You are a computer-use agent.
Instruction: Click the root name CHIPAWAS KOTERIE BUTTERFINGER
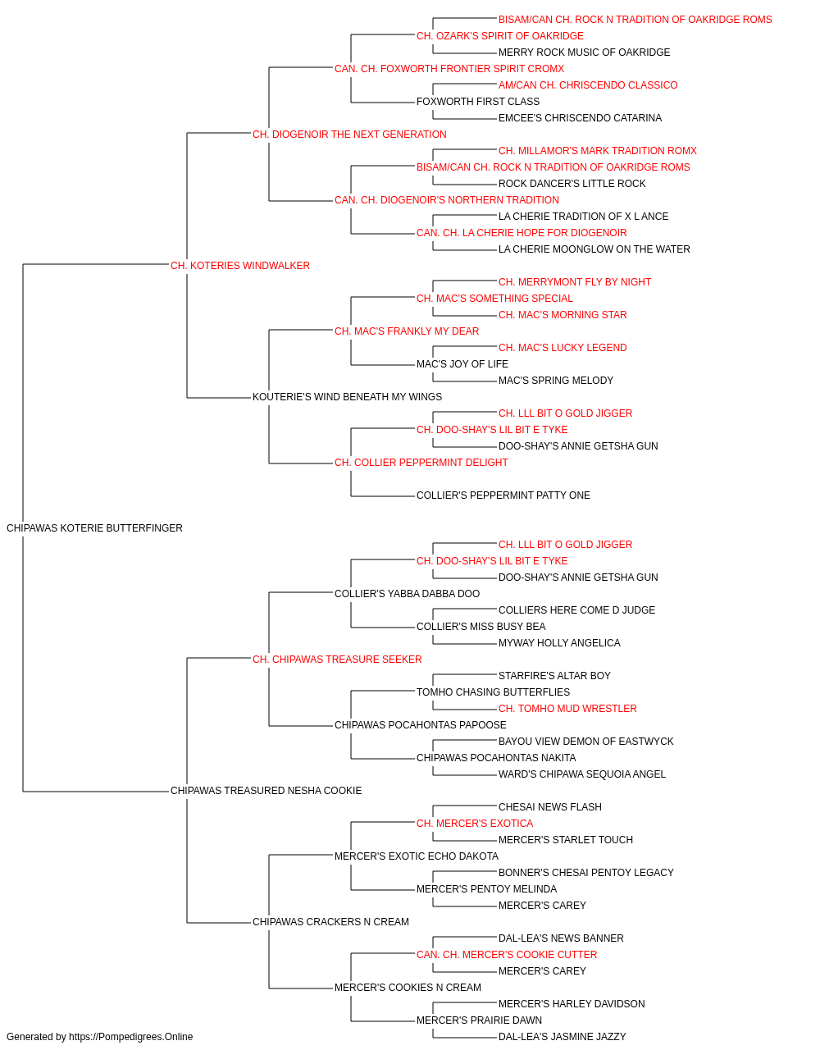(94, 528)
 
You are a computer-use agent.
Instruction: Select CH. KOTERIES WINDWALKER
(240, 266)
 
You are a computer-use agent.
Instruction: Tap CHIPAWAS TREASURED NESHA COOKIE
(266, 791)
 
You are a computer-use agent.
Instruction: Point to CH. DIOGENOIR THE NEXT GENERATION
(349, 135)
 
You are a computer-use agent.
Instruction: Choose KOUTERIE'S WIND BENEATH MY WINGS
(347, 397)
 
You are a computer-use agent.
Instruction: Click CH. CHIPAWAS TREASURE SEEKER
(337, 660)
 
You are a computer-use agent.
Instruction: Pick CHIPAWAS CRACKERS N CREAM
(330, 922)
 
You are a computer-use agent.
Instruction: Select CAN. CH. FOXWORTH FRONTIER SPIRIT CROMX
(449, 69)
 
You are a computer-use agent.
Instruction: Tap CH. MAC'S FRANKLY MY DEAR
(407, 331)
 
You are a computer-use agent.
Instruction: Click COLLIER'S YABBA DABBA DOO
(407, 594)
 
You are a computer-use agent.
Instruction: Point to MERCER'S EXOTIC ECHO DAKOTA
(417, 856)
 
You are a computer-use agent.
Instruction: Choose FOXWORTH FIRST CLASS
(478, 102)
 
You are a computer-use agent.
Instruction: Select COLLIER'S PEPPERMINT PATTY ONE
(503, 495)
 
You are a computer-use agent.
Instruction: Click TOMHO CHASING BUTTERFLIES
(493, 692)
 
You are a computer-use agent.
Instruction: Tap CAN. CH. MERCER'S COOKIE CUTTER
(507, 955)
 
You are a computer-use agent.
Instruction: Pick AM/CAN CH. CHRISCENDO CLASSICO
(588, 85)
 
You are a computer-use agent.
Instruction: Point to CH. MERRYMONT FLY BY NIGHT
(575, 282)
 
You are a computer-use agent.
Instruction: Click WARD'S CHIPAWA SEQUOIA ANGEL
(582, 774)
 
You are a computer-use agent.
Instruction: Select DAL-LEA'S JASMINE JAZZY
(563, 1037)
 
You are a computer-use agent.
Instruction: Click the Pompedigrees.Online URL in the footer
(131, 1037)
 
